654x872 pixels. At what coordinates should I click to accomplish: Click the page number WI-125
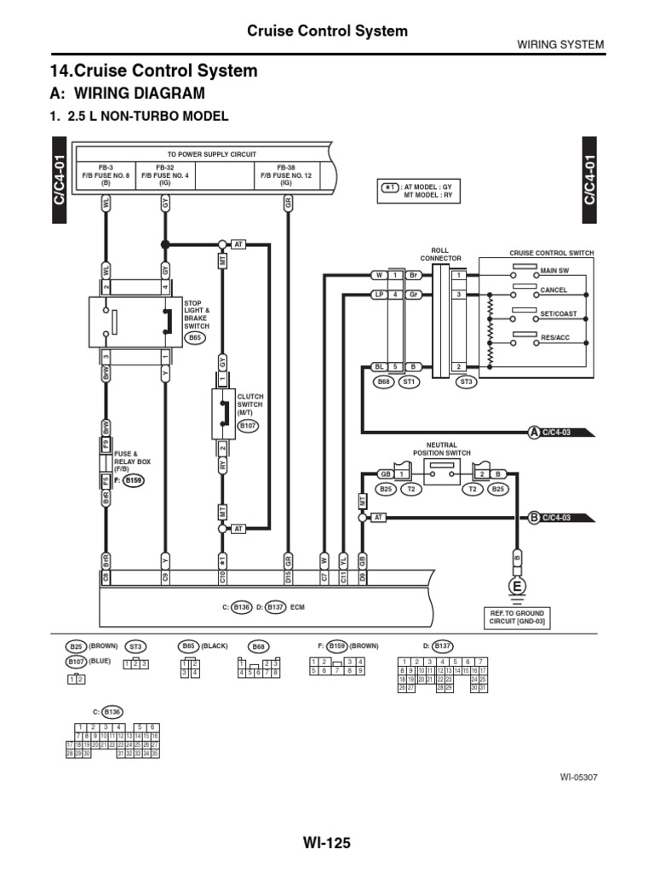326,843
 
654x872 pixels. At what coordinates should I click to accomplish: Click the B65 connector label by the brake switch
195,338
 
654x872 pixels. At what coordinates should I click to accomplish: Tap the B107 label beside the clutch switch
248,424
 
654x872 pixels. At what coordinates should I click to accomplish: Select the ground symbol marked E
516,585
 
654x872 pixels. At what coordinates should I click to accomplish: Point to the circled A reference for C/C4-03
534,432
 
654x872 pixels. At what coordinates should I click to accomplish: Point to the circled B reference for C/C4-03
534,517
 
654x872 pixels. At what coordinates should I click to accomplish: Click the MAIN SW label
554,271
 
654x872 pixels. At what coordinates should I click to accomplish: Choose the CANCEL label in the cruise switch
554,290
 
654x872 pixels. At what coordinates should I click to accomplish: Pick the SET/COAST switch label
559,313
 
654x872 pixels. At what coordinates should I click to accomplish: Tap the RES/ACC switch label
556,337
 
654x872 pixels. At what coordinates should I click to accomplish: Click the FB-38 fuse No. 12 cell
285,175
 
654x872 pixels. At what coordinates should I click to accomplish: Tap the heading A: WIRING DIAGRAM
129,93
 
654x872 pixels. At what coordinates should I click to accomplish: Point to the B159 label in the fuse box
134,480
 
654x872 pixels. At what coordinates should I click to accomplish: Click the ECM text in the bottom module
296,607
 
